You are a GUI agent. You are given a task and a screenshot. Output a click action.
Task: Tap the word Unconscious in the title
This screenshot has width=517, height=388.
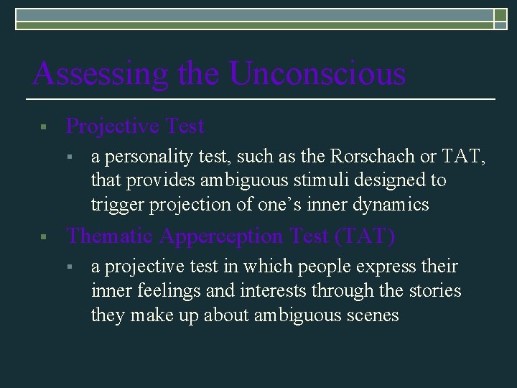tap(317, 74)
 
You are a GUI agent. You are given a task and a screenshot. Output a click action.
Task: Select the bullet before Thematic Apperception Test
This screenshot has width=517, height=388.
tap(44, 237)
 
